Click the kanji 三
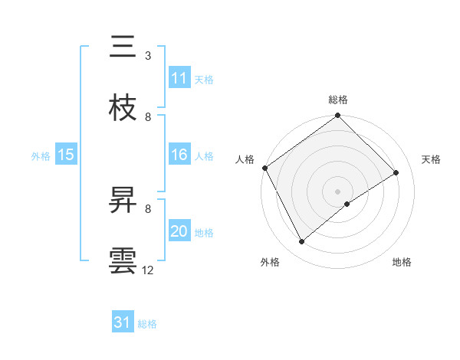pos(123,47)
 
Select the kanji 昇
pos(123,200)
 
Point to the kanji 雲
pos(123,260)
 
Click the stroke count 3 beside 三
pos(148,56)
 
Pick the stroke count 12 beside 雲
pos(148,270)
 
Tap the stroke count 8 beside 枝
pos(148,116)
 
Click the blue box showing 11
pos(179,78)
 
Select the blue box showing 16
pos(179,155)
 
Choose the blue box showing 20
pos(179,231)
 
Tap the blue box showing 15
pos(66,155)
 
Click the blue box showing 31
pos(123,323)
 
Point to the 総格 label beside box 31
pos(147,324)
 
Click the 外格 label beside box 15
pos(41,155)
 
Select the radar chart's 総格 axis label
pos(338,100)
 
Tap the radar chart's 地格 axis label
pos(402,262)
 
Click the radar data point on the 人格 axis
pos(264,168)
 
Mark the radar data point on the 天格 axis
pos(396,172)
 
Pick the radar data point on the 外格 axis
pos(302,242)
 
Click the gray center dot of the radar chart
pos(338,191)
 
